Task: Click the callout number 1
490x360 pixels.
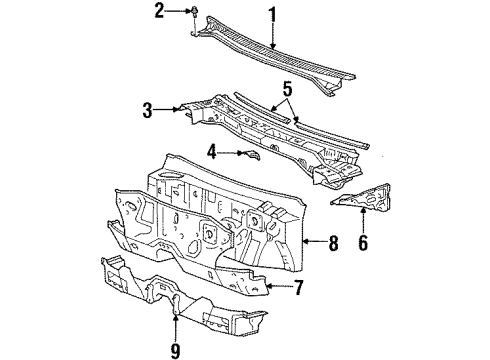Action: point(270,13)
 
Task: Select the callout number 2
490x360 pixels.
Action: point(158,11)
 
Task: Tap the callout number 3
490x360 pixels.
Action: point(147,109)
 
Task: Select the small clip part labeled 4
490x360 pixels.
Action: point(247,153)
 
